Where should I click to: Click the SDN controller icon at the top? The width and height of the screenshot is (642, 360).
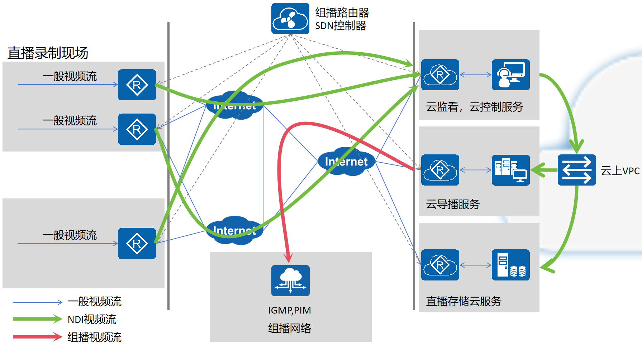click(x=290, y=19)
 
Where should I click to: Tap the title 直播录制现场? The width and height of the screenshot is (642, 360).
click(x=48, y=53)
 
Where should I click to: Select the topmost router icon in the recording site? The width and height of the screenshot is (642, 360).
click(x=137, y=85)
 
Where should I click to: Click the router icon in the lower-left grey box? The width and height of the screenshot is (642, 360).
click(x=137, y=244)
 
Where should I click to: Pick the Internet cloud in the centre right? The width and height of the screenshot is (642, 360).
click(x=346, y=162)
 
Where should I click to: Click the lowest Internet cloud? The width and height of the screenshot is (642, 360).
click(x=234, y=231)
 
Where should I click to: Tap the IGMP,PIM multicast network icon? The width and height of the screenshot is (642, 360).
click(x=290, y=280)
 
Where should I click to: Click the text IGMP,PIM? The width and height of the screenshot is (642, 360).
click(x=290, y=310)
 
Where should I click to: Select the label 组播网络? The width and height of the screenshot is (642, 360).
click(x=290, y=328)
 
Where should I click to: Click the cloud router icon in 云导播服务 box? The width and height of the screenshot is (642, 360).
click(x=440, y=170)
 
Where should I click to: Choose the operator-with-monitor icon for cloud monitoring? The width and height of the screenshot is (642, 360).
click(x=510, y=75)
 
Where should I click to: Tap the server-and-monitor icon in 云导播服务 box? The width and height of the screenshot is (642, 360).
click(x=510, y=170)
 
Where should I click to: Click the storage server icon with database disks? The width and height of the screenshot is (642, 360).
click(x=510, y=265)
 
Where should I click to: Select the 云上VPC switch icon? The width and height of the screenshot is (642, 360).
click(x=577, y=170)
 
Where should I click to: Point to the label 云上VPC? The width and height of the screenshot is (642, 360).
click(x=620, y=171)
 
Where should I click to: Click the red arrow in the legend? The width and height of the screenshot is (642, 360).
click(x=37, y=337)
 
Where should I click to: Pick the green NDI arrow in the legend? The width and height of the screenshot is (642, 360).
click(x=37, y=319)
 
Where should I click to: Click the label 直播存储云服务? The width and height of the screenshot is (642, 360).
click(x=463, y=301)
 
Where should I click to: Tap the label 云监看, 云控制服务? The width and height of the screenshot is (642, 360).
click(x=474, y=107)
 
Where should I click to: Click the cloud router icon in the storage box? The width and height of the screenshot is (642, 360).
click(x=440, y=265)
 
